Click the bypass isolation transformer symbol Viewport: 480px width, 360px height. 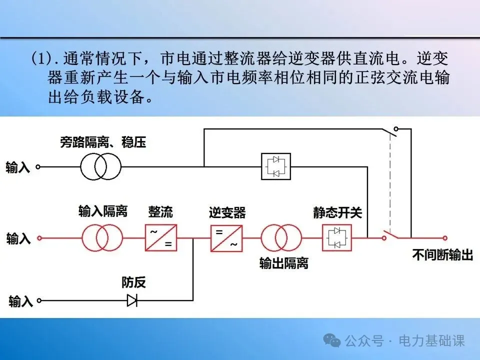click(x=101, y=166)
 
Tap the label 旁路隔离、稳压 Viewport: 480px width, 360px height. click(x=103, y=143)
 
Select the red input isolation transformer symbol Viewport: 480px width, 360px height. click(x=102, y=237)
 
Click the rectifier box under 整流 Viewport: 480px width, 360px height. click(x=161, y=237)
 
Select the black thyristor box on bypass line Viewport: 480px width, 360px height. click(x=276, y=166)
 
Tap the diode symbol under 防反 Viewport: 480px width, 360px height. click(x=132, y=300)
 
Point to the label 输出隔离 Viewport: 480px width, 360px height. click(x=283, y=263)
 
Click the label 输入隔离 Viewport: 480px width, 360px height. click(x=103, y=211)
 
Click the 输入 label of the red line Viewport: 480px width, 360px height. click(x=18, y=238)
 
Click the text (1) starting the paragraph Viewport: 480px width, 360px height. click(x=41, y=58)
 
